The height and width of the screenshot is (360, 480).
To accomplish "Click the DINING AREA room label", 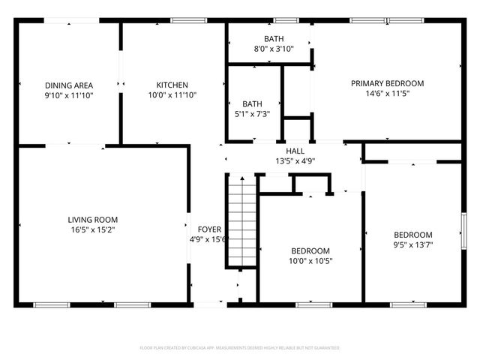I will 68,85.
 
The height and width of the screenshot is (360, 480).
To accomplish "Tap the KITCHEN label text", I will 172,85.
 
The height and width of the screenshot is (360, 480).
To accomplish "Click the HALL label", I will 284,150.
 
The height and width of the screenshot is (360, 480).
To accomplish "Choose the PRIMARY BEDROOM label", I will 388,83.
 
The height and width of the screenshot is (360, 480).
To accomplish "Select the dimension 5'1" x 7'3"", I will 251,114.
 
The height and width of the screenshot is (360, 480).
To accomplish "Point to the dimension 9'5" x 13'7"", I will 413,244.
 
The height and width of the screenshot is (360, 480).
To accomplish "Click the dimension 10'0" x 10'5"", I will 310,261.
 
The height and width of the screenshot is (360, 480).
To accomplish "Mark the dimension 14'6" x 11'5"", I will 388,94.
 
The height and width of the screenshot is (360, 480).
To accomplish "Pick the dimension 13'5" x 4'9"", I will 284,160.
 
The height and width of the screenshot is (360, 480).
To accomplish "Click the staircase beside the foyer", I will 241,221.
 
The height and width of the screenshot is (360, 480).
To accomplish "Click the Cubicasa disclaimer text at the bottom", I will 240,348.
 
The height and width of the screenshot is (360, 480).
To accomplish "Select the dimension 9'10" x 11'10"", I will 68,95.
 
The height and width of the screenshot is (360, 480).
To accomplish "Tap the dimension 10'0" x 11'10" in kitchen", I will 172,95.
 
